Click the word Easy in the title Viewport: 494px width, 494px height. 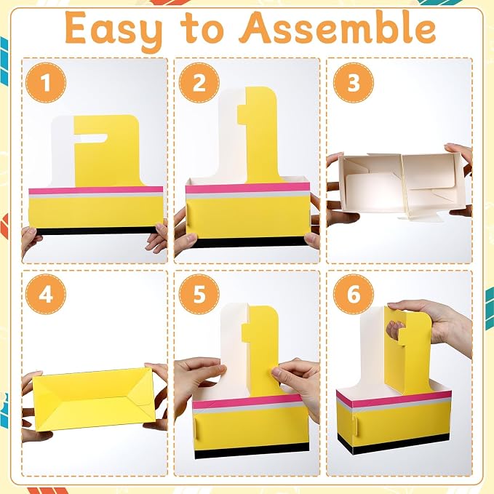(114, 30)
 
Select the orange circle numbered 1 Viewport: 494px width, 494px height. (46, 82)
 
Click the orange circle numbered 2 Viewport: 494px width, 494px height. (199, 82)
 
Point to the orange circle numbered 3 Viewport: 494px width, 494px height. (354, 82)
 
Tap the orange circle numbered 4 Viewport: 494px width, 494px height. (46, 294)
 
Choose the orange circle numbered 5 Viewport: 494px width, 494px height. (199, 294)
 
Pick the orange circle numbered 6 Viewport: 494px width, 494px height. (354, 294)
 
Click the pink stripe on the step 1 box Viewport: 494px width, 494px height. (96, 190)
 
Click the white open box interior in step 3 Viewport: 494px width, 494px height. (400, 186)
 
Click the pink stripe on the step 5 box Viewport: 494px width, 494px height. (247, 401)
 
